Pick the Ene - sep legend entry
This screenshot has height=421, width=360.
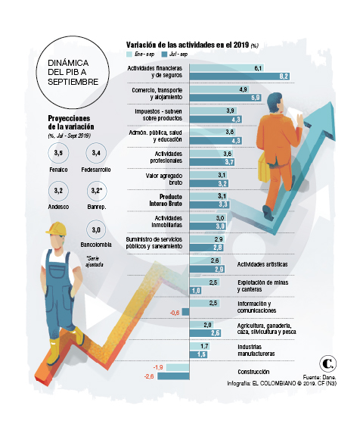pyautogui.click(x=141, y=55)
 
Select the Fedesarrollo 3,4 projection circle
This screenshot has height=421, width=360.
pyautogui.click(x=95, y=154)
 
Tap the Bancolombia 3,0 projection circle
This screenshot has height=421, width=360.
pyautogui.click(x=95, y=229)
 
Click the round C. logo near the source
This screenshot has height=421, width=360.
pyautogui.click(x=328, y=363)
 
